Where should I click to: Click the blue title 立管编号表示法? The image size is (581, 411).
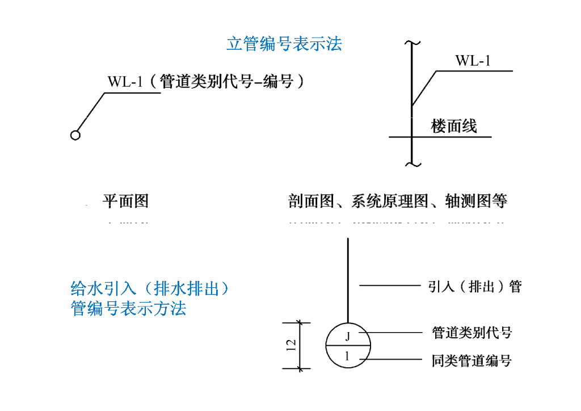pos(284,44)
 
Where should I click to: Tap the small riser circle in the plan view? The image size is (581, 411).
pos(75,135)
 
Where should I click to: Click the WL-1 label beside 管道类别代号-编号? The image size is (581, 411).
pos(124,82)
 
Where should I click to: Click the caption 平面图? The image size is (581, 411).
pos(125,200)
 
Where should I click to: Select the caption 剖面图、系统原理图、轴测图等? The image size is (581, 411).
pos(397,200)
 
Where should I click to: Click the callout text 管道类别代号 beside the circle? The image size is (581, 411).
pos(471,332)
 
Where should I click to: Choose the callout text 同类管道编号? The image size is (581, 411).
pos(471,360)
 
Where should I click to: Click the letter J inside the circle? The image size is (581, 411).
pos(348,336)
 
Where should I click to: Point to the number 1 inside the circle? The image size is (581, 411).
pos(348,357)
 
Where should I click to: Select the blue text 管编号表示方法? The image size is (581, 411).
pos(129,309)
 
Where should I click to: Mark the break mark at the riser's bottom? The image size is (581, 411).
pos(412,163)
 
